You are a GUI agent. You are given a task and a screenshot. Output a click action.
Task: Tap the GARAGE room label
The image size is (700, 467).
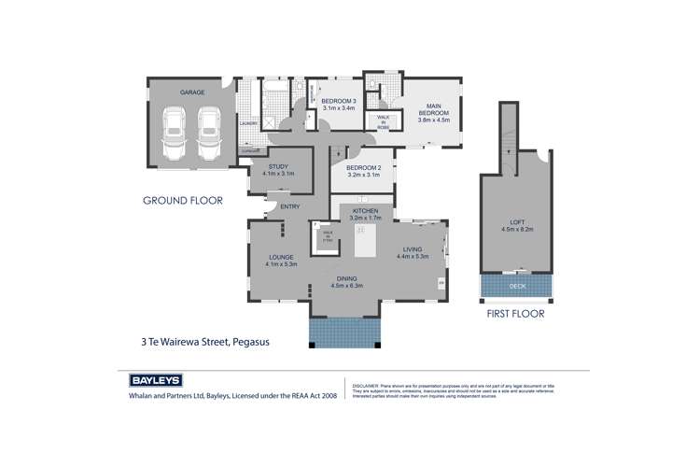point(192,92)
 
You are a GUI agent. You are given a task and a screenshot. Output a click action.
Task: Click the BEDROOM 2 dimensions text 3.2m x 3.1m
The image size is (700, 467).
point(366,175)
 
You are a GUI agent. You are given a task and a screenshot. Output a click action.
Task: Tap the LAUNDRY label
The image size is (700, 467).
point(248,123)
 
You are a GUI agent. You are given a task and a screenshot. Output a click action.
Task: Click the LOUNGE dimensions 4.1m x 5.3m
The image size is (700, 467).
point(282,265)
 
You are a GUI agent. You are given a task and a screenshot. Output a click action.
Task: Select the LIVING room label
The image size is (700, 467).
point(413,248)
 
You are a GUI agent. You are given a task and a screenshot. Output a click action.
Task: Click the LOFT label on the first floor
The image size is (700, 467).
point(507,221)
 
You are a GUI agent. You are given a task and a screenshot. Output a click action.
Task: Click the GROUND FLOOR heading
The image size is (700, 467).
point(182,200)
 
